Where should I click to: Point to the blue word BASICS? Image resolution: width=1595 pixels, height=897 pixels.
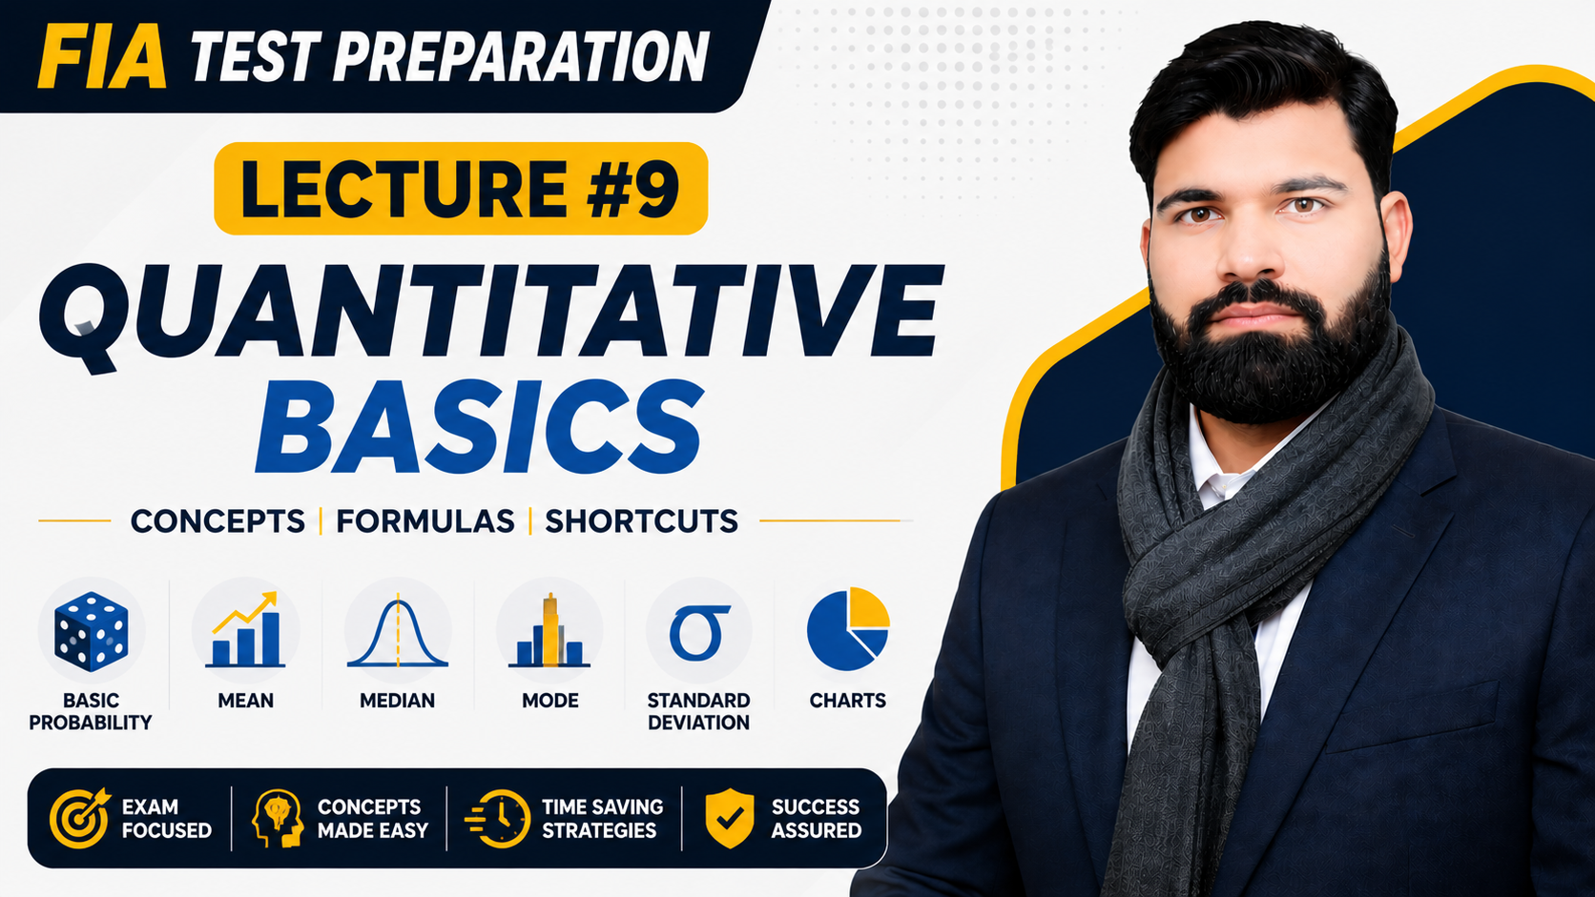click(480, 427)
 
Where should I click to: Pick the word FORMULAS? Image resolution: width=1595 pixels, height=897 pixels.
click(425, 521)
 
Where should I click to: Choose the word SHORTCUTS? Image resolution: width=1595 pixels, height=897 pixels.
click(642, 521)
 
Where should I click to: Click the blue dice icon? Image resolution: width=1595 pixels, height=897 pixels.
click(92, 631)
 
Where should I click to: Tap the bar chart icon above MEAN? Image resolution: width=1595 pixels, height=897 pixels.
click(246, 630)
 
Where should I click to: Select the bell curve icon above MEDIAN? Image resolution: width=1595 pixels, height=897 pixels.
click(398, 632)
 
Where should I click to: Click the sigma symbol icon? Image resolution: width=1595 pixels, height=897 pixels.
click(698, 632)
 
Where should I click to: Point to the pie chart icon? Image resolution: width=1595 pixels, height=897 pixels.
click(848, 629)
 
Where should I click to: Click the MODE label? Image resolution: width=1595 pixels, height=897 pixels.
click(549, 701)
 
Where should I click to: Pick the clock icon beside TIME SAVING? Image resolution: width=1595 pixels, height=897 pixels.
click(498, 819)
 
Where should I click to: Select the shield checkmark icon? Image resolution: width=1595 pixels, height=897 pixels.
click(729, 818)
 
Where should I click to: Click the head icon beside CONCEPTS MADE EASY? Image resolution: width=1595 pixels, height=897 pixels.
click(278, 818)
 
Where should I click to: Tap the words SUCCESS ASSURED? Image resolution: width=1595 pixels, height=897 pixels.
click(816, 819)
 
